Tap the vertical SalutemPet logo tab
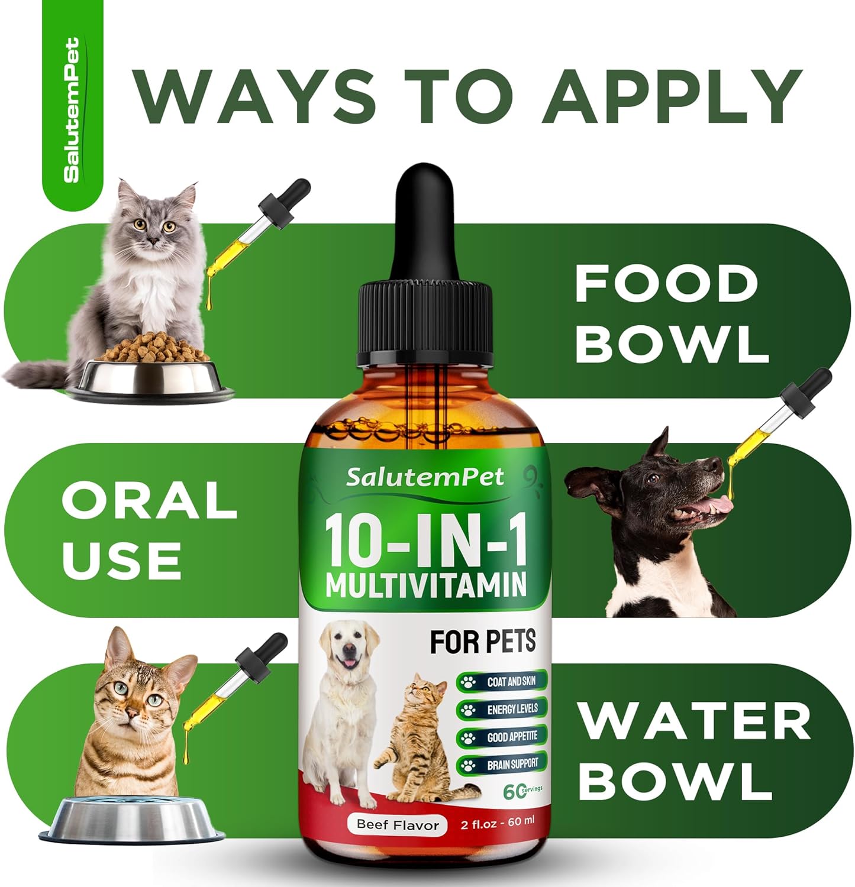tap(72, 109)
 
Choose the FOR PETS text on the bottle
tap(483, 642)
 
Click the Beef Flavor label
tap(398, 825)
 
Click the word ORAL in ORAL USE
tap(149, 500)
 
